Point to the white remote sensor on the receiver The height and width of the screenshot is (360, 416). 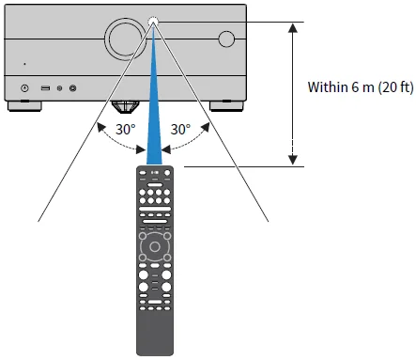click(x=155, y=21)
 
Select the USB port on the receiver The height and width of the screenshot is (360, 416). click(x=44, y=88)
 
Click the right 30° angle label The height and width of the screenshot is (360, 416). click(x=180, y=129)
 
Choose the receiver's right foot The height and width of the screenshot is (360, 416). click(x=224, y=104)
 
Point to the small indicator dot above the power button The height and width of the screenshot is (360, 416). click(x=25, y=65)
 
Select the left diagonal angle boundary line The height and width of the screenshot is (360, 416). click(x=85, y=141)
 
